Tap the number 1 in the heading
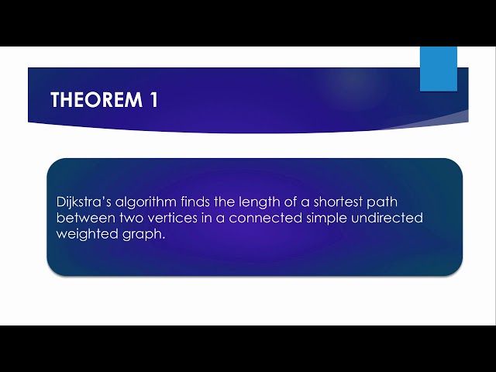(x=152, y=100)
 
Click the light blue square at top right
(x=439, y=69)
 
